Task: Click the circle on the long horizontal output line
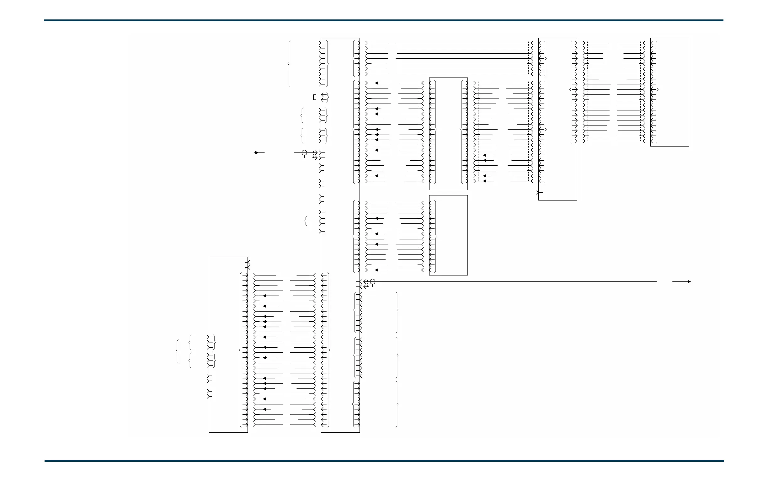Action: pyautogui.click(x=372, y=282)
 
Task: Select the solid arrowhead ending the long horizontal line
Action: pyautogui.click(x=689, y=282)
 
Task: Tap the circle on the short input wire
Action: pyautogui.click(x=304, y=153)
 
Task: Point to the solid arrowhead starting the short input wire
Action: pyautogui.click(x=257, y=153)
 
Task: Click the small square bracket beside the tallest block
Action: pyautogui.click(x=314, y=97)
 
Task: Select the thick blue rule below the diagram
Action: pyautogui.click(x=384, y=461)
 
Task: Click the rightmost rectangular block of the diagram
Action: pyautogui.click(x=669, y=92)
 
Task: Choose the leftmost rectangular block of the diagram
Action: pyautogui.click(x=228, y=345)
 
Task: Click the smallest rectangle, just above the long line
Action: pyautogui.click(x=448, y=235)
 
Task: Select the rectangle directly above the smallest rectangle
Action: pyautogui.click(x=448, y=134)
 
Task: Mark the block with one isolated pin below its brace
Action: pyautogui.click(x=557, y=119)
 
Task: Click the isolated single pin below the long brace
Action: pyautogui.click(x=539, y=193)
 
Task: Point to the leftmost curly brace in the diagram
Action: pyautogui.click(x=177, y=351)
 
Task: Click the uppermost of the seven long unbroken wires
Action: pyautogui.click(x=461, y=43)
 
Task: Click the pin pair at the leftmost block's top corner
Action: pyautogui.click(x=248, y=265)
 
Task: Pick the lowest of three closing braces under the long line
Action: pyautogui.click(x=397, y=404)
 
